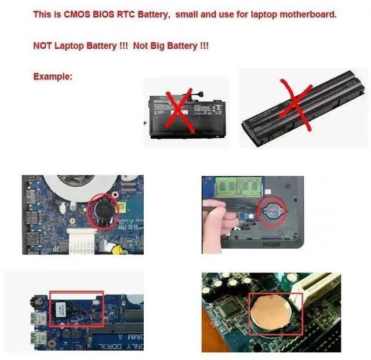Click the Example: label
tap(53, 76)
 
